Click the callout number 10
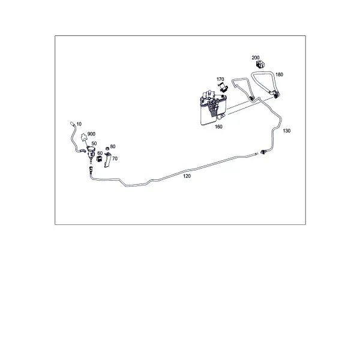coord(79,124)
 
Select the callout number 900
coord(91,134)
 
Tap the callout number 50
coord(94,144)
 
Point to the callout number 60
coord(100,153)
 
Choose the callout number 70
coord(115,158)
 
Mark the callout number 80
coord(113,146)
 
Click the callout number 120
coord(187,176)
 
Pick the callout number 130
coord(287,131)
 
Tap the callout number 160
coord(218,127)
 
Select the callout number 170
coord(220,79)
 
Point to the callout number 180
coord(279,74)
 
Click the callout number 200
coord(256,58)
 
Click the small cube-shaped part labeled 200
coord(260,65)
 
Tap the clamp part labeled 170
coord(223,87)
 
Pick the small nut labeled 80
coord(107,149)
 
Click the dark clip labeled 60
coord(99,158)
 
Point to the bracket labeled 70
coord(107,160)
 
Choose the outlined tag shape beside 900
coord(84,137)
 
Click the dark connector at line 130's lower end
coord(263,152)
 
